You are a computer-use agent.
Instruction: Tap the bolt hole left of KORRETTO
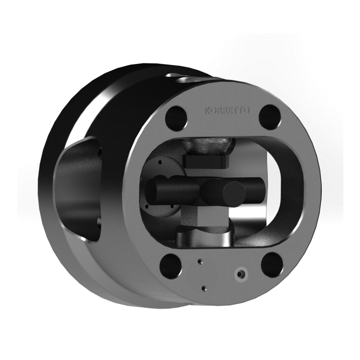[176, 118]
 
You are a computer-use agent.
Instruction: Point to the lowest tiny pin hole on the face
[204, 288]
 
